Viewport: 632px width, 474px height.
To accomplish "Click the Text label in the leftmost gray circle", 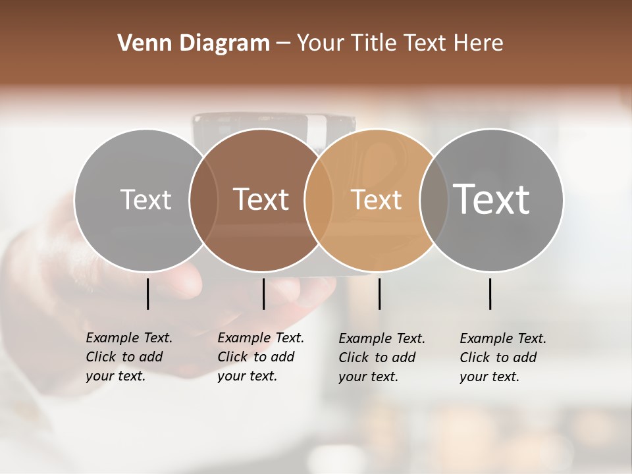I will click(145, 199).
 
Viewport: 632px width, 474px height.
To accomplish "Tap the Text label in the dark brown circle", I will click(261, 199).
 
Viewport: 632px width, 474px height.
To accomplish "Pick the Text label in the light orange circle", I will click(376, 199).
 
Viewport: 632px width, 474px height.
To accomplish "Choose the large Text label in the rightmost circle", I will click(492, 199).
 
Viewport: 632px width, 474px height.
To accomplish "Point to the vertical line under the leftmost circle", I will click(147, 294).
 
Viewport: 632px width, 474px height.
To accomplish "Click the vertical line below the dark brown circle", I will click(263, 294).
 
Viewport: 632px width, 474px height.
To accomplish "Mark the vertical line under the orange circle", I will click(379, 294).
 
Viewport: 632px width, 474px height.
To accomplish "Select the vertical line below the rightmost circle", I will click(490, 294).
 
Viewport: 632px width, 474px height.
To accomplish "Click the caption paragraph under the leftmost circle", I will click(129, 357).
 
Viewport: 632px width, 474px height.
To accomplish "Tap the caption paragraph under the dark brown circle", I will click(261, 357).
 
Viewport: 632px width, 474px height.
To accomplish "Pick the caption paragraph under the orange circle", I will click(382, 357).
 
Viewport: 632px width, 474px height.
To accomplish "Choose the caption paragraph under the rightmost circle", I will click(503, 357).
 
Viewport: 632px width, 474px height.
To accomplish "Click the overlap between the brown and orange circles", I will click(318, 200).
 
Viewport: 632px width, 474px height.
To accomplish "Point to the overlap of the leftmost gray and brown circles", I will click(203, 200).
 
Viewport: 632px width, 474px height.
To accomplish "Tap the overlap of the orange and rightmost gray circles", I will click(434, 200).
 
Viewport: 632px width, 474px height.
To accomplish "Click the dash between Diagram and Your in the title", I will click(284, 43).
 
